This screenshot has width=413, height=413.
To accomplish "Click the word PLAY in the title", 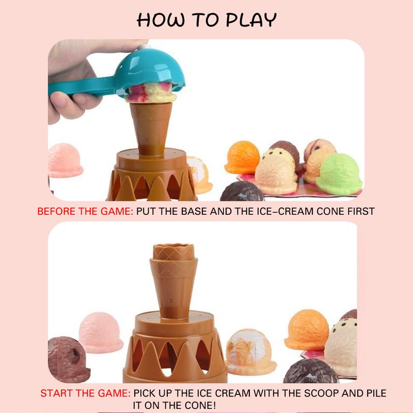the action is pos(251,20).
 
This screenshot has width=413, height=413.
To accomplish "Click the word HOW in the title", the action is pos(161,20).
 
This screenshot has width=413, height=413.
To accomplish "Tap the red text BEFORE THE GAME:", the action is pos(85,211).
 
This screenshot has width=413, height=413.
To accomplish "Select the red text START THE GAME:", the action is pos(85,393).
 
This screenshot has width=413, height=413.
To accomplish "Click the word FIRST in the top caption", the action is pos(361,211).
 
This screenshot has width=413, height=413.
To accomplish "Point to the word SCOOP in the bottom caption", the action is pos(321,393).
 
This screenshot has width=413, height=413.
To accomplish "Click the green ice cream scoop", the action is pos(339,174).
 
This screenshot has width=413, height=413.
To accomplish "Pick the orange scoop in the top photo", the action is pos(242,157).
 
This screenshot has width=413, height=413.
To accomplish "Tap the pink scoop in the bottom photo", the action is pos(100,332).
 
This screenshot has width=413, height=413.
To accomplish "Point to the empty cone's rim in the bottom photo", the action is pos(174,248).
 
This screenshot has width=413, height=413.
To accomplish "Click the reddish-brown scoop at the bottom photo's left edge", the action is pos(68,359).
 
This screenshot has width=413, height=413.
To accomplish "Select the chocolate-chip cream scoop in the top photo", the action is pos(277,171).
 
